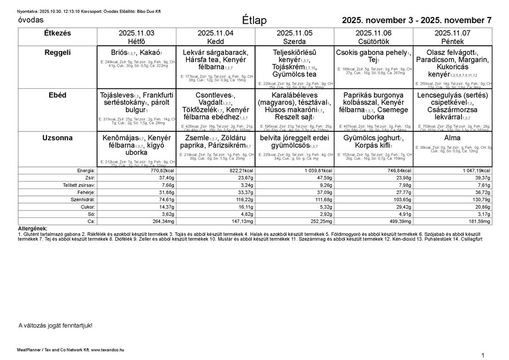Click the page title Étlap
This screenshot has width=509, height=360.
tap(254, 20)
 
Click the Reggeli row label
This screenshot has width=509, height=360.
tap(57, 53)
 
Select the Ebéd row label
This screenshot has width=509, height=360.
tap(57, 96)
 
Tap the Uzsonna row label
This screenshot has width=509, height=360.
tap(57, 138)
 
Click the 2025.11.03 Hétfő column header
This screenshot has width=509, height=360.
tap(136, 37)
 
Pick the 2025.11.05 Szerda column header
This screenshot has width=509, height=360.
tap(294, 37)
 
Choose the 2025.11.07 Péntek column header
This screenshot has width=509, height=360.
tap(452, 37)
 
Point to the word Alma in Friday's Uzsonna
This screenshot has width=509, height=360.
tap(452, 138)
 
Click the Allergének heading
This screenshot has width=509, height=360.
tap(33, 228)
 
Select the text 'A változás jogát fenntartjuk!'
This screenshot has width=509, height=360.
tap(55, 325)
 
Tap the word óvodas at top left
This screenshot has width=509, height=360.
tap(31, 20)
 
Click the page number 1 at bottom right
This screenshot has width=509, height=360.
tap(483, 355)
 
